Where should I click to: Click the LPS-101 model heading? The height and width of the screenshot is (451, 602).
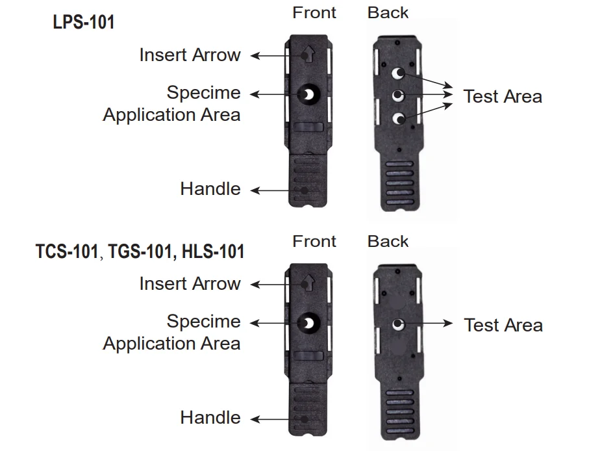point(83,22)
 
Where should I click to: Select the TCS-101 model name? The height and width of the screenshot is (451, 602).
point(66,251)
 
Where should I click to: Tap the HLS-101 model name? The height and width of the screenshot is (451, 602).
point(209,251)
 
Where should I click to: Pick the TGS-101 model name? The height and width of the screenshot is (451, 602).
point(138,251)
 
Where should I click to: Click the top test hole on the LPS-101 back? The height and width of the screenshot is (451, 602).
point(399,73)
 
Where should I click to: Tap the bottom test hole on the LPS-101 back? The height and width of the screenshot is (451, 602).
point(399,118)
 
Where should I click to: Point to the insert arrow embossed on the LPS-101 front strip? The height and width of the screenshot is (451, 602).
point(308,55)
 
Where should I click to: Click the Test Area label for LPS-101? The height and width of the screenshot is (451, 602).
point(503,97)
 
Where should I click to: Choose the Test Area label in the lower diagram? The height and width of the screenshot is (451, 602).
point(503,325)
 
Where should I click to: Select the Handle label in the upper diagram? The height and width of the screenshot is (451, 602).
point(210,189)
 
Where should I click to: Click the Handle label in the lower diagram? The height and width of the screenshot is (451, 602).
point(210,418)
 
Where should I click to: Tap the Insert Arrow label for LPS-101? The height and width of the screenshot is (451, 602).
point(190,55)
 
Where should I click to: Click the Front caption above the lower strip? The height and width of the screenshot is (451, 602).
point(314,241)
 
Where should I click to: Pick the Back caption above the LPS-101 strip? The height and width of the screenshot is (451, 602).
point(388,12)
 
